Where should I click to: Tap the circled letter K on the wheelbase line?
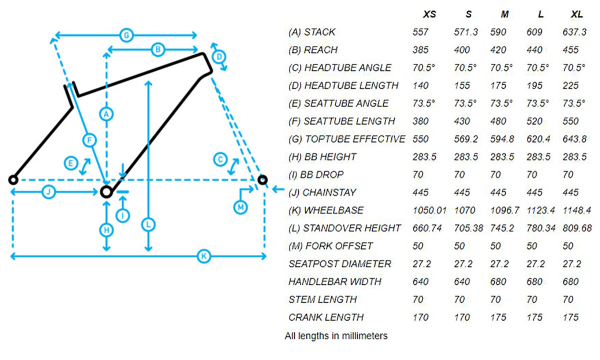203,256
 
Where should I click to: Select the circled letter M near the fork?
240,206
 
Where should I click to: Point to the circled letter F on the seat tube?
89,141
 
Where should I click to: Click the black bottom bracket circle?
105,191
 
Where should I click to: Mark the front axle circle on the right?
262,179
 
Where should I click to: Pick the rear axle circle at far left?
13,179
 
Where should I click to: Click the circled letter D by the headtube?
218,57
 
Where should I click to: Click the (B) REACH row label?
313,50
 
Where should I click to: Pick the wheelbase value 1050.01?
429,210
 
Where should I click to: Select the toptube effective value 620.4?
538,139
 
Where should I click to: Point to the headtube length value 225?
570,85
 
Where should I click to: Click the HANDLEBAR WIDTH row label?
334,281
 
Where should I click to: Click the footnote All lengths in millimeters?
336,336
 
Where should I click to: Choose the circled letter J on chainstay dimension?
48,191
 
